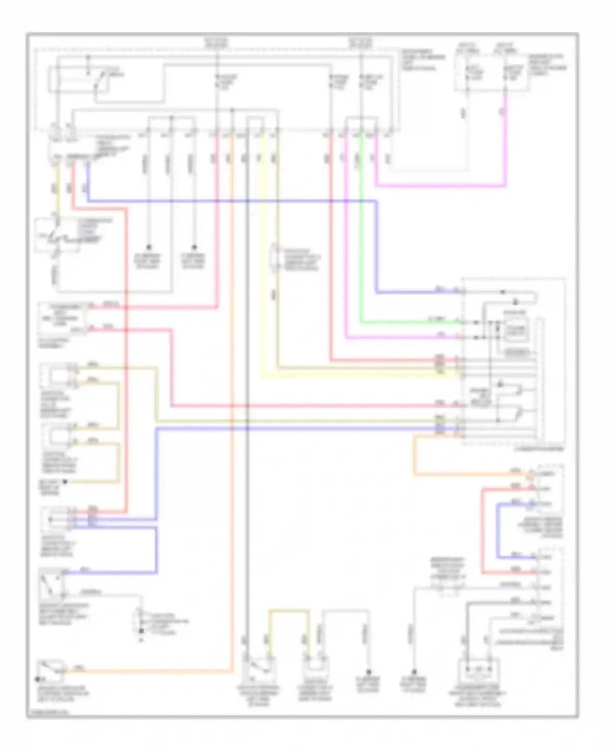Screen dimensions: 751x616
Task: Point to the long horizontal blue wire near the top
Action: (230, 201)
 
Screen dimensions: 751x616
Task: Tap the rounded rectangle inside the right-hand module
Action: (517, 329)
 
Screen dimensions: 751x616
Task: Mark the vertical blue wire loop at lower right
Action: (497, 530)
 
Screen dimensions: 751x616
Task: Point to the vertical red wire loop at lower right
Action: (483, 530)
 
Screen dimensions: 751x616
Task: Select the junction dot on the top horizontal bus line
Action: (232, 110)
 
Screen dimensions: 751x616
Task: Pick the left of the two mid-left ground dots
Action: (149, 247)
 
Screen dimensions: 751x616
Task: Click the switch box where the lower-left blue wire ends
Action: (51, 583)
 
